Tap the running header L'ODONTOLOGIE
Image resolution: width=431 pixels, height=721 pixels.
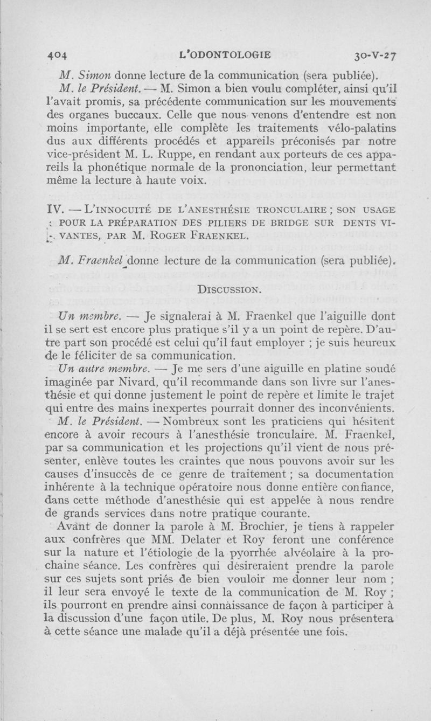coord(227,54)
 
